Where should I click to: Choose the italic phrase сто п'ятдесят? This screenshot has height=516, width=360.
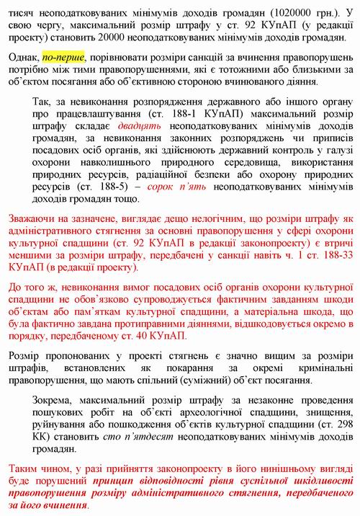[x=140, y=435]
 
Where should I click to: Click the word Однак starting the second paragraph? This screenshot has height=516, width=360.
[x=22, y=57]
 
